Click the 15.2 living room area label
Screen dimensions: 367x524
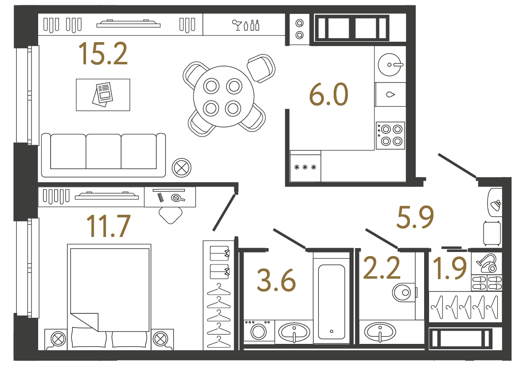tap(103, 54)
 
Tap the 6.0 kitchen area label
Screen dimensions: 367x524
tap(329, 95)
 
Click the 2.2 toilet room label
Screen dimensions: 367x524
tap(382, 268)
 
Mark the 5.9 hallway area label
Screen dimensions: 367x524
tap(414, 217)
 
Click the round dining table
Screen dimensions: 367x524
tap(224, 96)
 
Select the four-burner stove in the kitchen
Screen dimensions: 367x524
tap(390, 135)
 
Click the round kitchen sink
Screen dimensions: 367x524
tap(390, 65)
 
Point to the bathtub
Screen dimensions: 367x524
tap(331, 302)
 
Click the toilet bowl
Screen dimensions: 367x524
tap(403, 292)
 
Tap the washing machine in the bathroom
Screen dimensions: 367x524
tap(258, 331)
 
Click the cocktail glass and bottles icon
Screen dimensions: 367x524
tap(245, 25)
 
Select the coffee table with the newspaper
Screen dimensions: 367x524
tap(103, 95)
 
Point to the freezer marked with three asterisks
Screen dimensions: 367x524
tap(305, 167)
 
